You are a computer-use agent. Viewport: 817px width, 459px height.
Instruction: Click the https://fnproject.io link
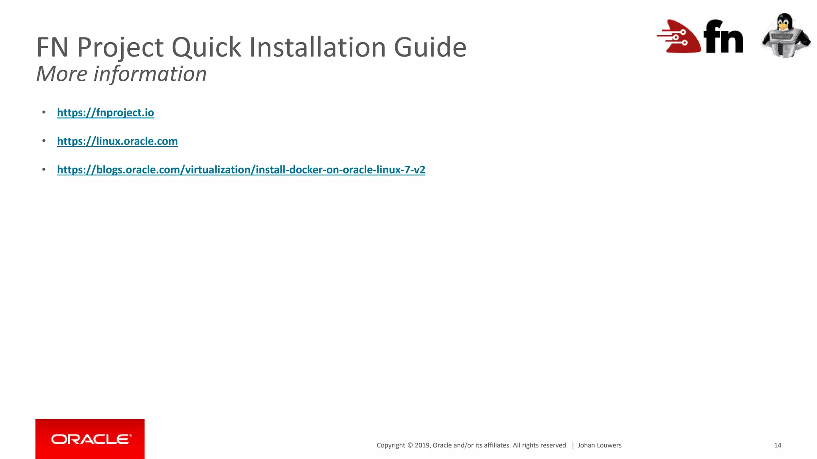[x=105, y=113]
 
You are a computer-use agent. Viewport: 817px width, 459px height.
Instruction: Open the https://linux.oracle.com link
[x=117, y=141]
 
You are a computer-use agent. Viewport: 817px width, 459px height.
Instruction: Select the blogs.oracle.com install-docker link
[x=241, y=170]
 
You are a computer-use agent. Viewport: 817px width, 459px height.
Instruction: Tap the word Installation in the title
[x=318, y=47]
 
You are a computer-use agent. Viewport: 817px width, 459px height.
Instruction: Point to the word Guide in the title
[x=430, y=47]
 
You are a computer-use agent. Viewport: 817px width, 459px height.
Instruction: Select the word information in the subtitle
[x=150, y=74]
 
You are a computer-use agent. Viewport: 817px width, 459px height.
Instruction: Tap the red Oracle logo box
[x=90, y=439]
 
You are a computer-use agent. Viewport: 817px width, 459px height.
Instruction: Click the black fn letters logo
[x=723, y=37]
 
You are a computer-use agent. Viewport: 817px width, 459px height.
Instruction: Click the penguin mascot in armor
[x=785, y=35]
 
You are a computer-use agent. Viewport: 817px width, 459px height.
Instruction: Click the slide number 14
[x=778, y=445]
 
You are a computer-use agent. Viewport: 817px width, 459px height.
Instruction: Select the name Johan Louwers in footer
[x=599, y=445]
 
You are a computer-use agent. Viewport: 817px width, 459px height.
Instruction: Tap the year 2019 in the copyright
[x=422, y=445]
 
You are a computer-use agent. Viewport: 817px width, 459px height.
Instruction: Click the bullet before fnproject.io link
[x=44, y=113]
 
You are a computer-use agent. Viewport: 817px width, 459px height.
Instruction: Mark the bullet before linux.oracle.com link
[x=44, y=141]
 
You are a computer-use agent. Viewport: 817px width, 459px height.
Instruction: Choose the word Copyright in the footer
[x=391, y=445]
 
